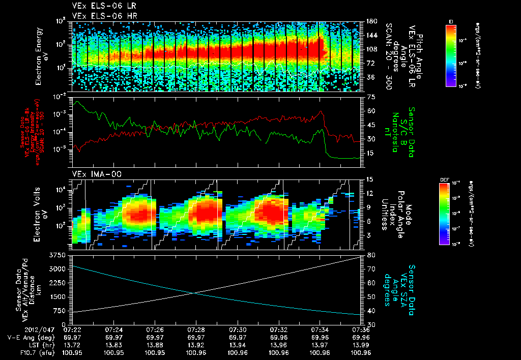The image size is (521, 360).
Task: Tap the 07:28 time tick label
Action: pyautogui.click(x=196, y=329)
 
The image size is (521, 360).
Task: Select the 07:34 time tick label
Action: pyautogui.click(x=319, y=329)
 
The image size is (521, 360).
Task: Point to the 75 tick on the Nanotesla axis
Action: pyautogui.click(x=370, y=97)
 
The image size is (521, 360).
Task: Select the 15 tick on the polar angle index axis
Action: pyautogui.click(x=370, y=178)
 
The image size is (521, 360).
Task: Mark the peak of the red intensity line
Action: pyautogui.click(x=321, y=111)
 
